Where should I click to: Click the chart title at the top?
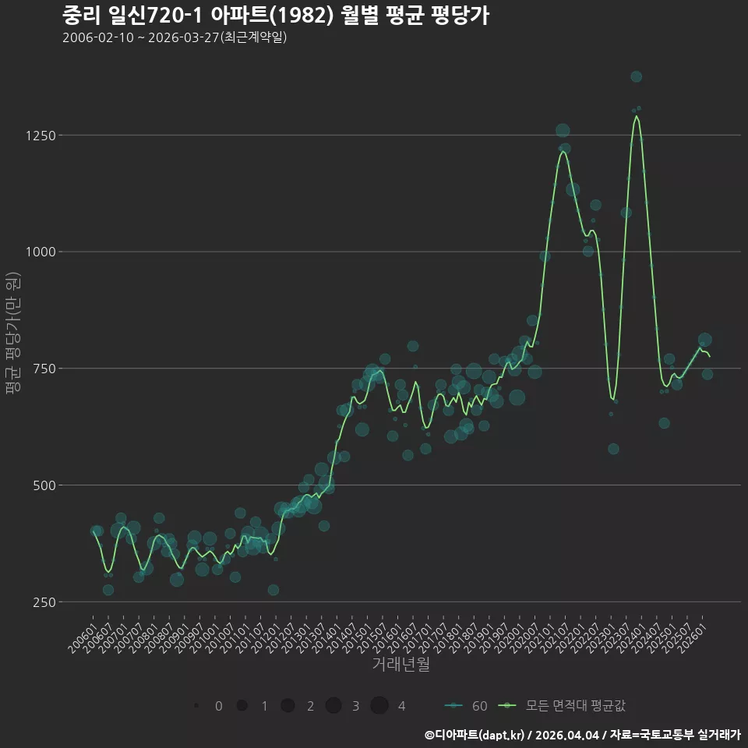276,16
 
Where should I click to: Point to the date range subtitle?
175,37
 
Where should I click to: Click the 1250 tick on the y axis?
41,136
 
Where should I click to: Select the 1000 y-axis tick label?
41,252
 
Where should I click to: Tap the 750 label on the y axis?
45,369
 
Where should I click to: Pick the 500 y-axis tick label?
45,485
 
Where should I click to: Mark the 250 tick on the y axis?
45,602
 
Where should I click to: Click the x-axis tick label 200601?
82,638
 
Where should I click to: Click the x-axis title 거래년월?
400,664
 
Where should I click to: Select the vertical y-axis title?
13,333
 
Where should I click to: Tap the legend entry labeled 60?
466,706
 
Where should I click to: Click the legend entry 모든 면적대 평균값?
562,706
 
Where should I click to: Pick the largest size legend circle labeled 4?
379,706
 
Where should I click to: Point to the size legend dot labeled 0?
196,706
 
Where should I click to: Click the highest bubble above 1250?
636,76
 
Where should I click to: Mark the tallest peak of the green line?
636,116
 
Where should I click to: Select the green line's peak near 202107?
563,152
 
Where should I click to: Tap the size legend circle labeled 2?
288,706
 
